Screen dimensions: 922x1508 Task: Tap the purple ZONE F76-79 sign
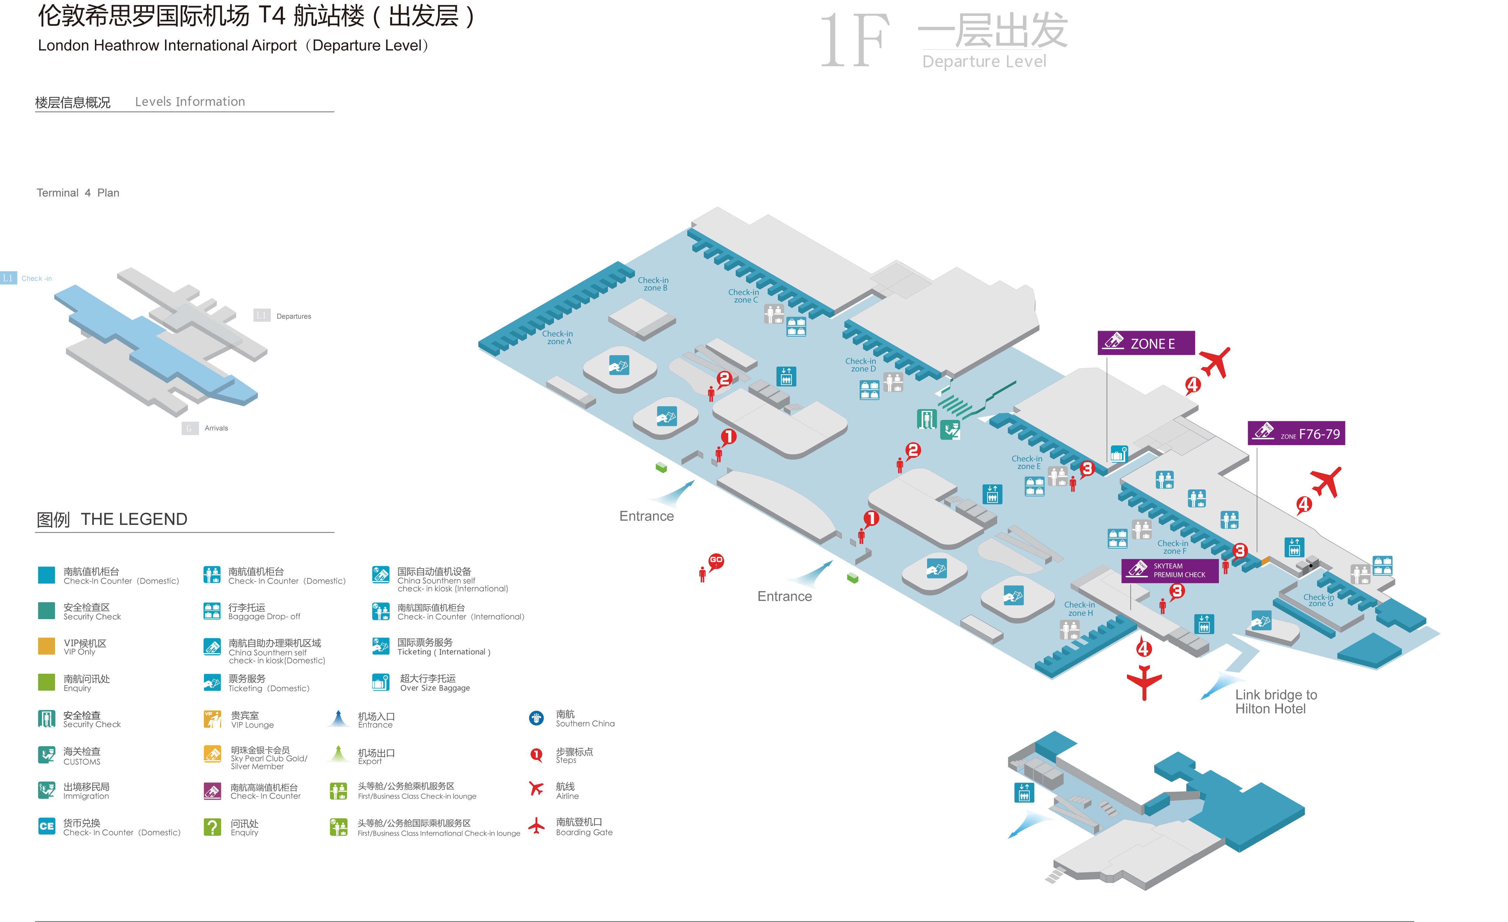pos(1296,434)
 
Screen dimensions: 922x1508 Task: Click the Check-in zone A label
pos(557,338)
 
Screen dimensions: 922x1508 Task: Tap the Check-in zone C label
pos(744,296)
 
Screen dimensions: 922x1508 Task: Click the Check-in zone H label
pos(1080,609)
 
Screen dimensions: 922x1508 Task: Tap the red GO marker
pos(716,560)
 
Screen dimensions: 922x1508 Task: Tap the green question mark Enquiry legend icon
pos(212,827)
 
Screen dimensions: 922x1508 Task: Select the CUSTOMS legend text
pos(82,762)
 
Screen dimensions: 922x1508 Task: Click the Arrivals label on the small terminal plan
pos(216,428)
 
